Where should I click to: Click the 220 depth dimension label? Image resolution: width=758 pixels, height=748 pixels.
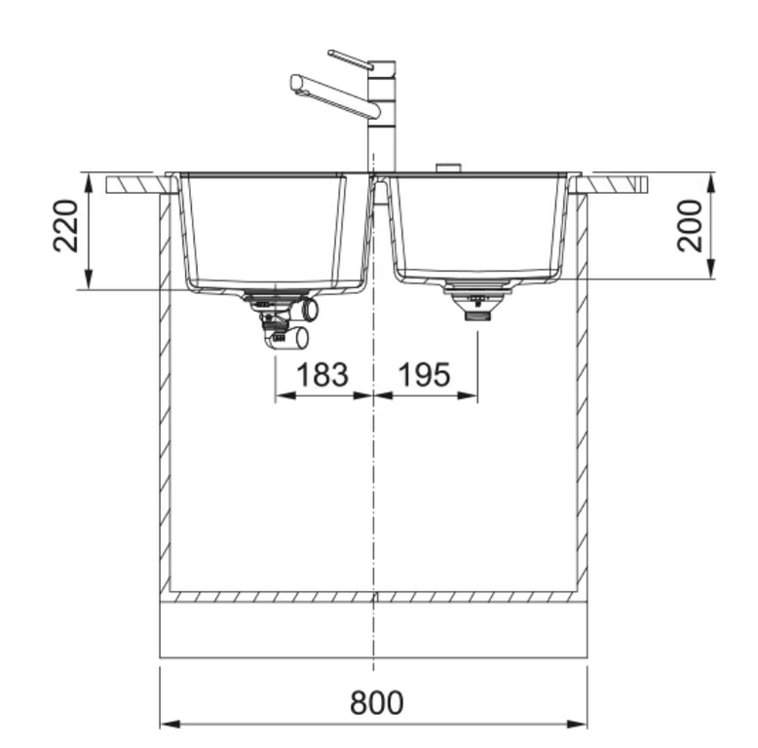(65, 226)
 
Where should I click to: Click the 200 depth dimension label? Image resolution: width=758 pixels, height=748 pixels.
(690, 226)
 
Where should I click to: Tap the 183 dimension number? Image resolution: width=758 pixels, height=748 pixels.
(322, 374)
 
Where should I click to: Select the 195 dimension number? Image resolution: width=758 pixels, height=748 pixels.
(424, 374)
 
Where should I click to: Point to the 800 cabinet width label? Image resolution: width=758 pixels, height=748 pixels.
(377, 702)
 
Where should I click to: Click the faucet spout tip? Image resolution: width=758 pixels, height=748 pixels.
(296, 83)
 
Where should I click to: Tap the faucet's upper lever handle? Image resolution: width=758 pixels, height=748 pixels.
(350, 59)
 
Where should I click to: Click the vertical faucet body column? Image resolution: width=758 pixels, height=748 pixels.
(382, 116)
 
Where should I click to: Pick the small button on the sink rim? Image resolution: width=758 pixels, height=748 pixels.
(448, 168)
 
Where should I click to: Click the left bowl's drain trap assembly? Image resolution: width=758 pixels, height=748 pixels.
(283, 318)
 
